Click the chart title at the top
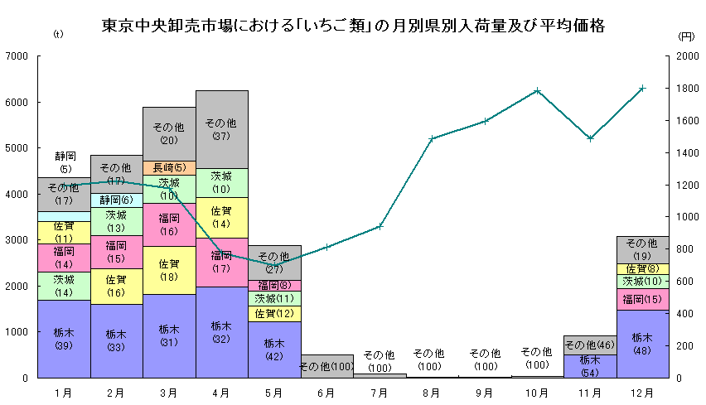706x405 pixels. point(352,26)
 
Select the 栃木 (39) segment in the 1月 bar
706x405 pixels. point(65,339)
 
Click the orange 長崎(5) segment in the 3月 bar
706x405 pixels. point(169,168)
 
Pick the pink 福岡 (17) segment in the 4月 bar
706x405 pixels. point(222,262)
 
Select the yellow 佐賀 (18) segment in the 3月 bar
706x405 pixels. point(169,270)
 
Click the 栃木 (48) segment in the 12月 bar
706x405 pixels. point(643,344)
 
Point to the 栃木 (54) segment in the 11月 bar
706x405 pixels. point(590,366)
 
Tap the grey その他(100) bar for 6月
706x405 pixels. point(327,366)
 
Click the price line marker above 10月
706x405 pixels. point(538,90)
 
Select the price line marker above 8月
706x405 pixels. point(433,138)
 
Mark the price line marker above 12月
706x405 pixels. point(643,88)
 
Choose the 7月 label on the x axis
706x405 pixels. point(380,391)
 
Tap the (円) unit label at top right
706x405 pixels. point(686,36)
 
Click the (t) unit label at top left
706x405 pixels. point(57,35)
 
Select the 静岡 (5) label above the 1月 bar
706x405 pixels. point(65,162)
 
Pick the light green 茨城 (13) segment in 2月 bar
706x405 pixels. point(117,221)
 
